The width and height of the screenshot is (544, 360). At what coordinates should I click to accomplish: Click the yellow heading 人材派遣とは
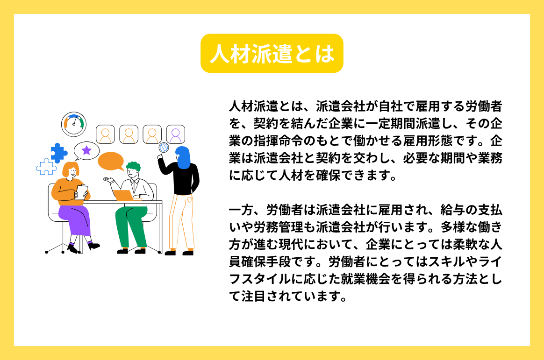[272, 54]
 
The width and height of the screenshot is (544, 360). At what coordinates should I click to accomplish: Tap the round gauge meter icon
[74, 124]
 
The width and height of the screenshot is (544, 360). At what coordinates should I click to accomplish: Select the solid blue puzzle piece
[58, 152]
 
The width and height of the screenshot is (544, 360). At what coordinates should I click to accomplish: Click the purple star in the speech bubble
[86, 150]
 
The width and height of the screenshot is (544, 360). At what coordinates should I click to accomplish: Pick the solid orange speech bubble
[111, 161]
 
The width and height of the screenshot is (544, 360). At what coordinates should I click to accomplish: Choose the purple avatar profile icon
[176, 134]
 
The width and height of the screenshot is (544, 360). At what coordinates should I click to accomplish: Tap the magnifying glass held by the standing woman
[164, 148]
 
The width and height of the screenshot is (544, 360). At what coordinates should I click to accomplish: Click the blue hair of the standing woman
[183, 158]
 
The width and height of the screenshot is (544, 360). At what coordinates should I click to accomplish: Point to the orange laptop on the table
[123, 195]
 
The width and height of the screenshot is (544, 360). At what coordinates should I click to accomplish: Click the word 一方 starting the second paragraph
[241, 210]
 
